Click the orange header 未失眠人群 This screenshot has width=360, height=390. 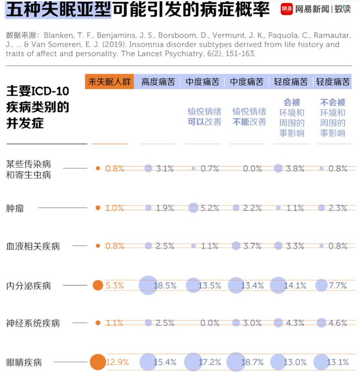pyautogui.click(x=109, y=81)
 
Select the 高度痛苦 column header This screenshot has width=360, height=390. pyautogui.click(x=158, y=82)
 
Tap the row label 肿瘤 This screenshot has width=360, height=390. pyautogui.click(x=15, y=208)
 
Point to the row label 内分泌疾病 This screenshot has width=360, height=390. pyautogui.click(x=28, y=285)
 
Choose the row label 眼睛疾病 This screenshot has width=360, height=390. pyautogui.click(x=24, y=362)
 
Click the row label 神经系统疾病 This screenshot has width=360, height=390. pyautogui.click(x=33, y=323)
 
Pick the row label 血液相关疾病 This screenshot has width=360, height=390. pyautogui.click(x=33, y=246)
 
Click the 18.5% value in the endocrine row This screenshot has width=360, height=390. pyautogui.click(x=165, y=285)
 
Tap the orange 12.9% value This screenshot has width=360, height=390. pyautogui.click(x=117, y=362)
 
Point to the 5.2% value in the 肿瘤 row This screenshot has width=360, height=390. pyautogui.click(x=210, y=208)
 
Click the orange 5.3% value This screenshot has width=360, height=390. pyautogui.click(x=115, y=285)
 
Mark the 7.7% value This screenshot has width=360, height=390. pyautogui.click(x=338, y=285)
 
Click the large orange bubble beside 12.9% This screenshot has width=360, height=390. pyautogui.click(x=98, y=362)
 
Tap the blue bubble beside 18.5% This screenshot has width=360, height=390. pyautogui.click(x=148, y=285)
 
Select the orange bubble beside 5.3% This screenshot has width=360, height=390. pyautogui.click(x=98, y=285)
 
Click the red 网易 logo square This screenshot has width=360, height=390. pyautogui.click(x=287, y=9)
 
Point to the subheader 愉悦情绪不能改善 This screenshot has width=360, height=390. pyautogui.click(x=249, y=117)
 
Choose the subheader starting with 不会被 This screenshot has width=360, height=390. pyautogui.click(x=333, y=118)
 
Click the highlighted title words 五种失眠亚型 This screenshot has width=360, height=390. pyautogui.click(x=58, y=9)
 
